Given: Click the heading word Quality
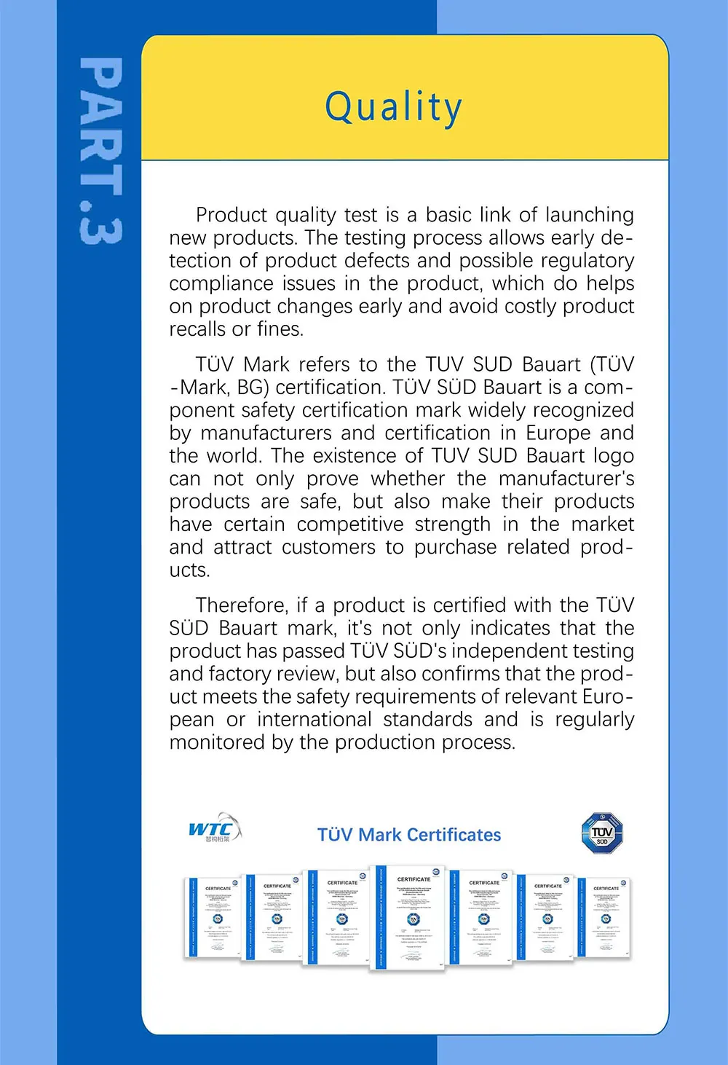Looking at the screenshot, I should click(393, 108).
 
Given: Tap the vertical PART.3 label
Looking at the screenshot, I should click(100, 152).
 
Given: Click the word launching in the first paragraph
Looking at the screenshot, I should click(590, 215).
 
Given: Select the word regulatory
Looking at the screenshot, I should click(590, 261).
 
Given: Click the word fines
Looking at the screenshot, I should click(280, 329).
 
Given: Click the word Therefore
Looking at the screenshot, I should click(242, 605).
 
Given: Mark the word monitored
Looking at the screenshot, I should click(210, 742).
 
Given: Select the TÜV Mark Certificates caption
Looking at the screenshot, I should click(409, 835).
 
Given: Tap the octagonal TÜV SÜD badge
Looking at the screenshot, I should click(602, 833).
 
